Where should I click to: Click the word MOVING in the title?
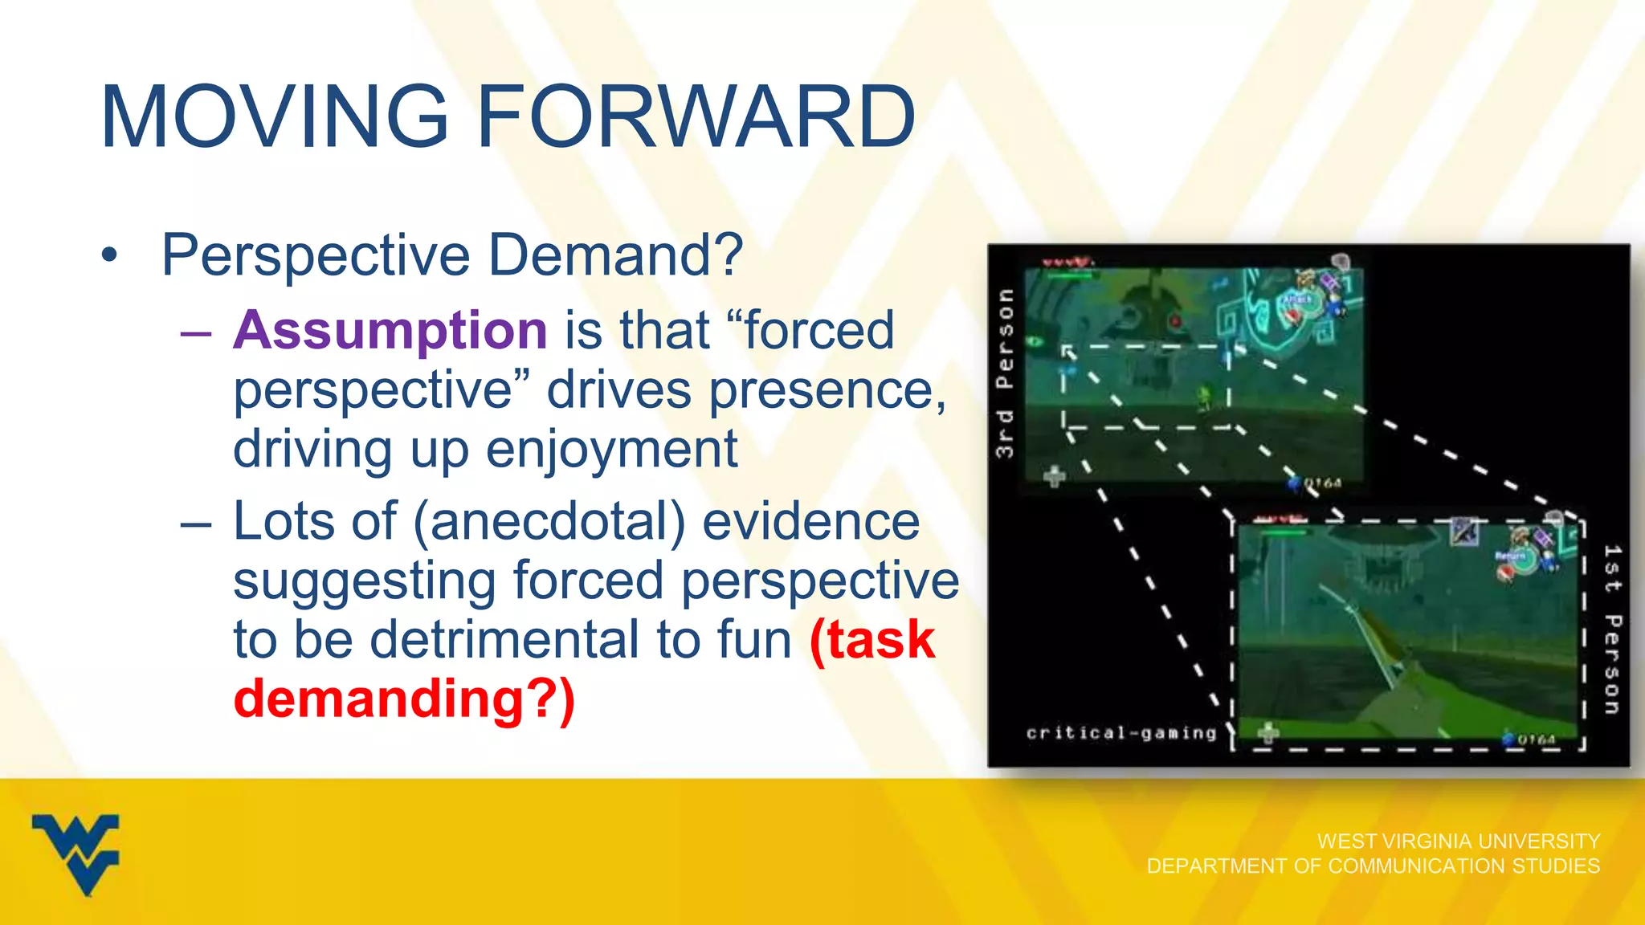[x=274, y=118]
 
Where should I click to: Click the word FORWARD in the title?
[x=696, y=118]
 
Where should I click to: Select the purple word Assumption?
[x=390, y=330]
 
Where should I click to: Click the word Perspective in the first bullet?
[x=316, y=256]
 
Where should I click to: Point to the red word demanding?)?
[x=404, y=699]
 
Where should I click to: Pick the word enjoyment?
[x=611, y=450]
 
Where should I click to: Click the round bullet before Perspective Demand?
[x=109, y=256]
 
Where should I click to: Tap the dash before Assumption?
[x=196, y=332]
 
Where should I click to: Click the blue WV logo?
[x=76, y=854]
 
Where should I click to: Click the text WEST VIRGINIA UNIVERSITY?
[x=1458, y=841]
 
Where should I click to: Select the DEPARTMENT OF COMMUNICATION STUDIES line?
[x=1373, y=866]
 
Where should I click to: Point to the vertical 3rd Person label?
[x=1005, y=373]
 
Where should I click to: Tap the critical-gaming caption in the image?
[x=1121, y=732]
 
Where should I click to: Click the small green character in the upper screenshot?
[x=1202, y=396]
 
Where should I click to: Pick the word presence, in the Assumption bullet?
[x=827, y=390]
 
